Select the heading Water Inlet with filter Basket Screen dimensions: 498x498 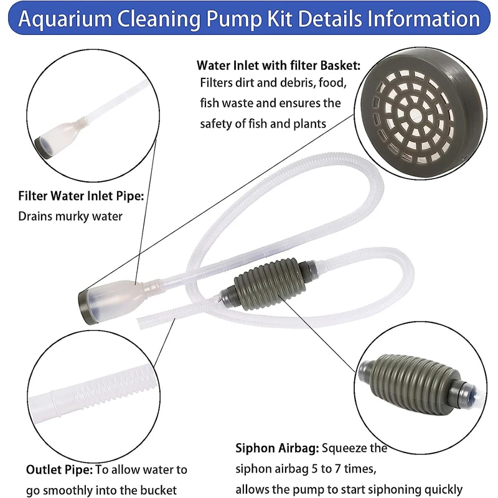(278, 65)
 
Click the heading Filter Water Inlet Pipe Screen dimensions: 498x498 (82, 197)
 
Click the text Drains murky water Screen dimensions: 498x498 (70, 217)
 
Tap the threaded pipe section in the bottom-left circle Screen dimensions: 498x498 (93, 392)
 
